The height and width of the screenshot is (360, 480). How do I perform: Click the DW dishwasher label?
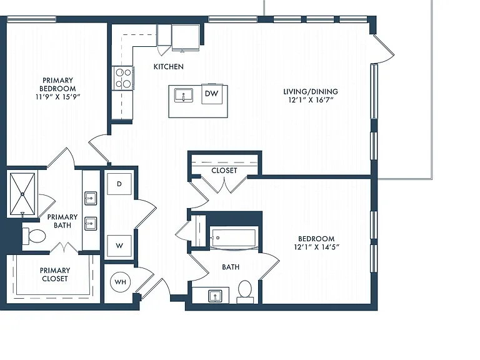[211, 94]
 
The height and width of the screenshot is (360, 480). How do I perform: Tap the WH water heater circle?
[120, 282]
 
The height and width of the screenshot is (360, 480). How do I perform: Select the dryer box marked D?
[119, 184]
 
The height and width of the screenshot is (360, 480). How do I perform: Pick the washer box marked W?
[119, 246]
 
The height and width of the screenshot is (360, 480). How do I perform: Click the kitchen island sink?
[183, 95]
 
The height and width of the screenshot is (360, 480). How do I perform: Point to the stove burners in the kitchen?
[123, 78]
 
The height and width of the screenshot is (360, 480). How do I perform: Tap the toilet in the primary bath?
[34, 236]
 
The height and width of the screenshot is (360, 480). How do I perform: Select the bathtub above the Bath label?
[233, 239]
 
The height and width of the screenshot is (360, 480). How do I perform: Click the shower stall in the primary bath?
[22, 194]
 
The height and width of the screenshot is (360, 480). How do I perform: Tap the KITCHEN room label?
[169, 67]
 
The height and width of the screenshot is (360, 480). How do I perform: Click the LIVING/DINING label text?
[311, 91]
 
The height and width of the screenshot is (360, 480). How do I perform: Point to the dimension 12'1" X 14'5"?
[316, 247]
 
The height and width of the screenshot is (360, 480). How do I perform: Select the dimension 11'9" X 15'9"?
[57, 97]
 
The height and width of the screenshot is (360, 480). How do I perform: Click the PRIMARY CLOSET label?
[55, 274]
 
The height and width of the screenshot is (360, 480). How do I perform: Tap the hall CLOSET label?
[224, 171]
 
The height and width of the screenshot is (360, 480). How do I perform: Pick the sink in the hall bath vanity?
[215, 296]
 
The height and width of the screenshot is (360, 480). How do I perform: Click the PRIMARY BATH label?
[62, 221]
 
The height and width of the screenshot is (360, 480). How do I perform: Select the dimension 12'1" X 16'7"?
[311, 100]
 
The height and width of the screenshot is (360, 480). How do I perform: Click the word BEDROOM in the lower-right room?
[316, 239]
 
